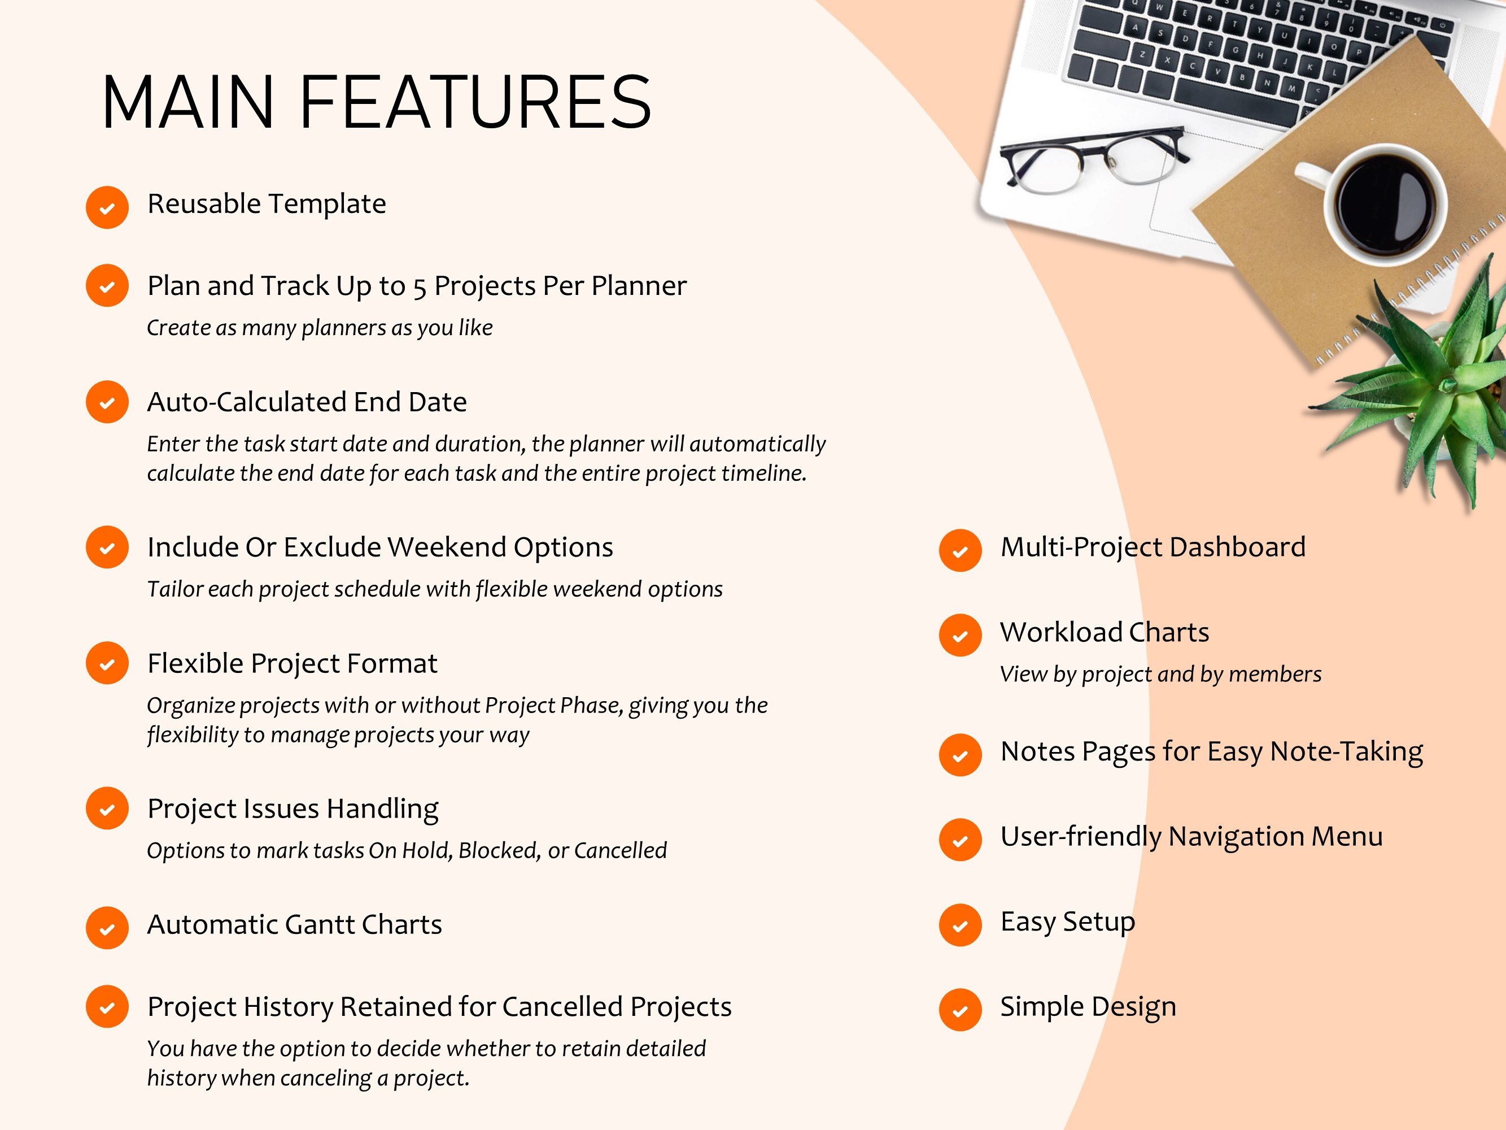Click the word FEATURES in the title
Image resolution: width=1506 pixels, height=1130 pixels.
[x=474, y=102]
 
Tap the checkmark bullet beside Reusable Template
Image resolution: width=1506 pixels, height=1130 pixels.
[x=107, y=207]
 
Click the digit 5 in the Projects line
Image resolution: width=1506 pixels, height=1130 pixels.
[x=420, y=287]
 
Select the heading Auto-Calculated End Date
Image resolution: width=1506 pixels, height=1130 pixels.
[x=307, y=402]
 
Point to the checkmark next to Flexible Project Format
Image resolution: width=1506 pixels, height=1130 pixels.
[x=107, y=663]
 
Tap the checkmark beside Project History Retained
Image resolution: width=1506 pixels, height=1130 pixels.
[x=107, y=1006]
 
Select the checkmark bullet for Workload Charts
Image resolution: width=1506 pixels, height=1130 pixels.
[x=960, y=635]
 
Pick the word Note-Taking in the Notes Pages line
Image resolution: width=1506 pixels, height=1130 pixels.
[x=1346, y=751]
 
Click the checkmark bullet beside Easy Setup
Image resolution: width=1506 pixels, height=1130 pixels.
[x=960, y=925]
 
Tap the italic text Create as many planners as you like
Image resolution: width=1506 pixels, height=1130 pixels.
[x=319, y=328]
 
